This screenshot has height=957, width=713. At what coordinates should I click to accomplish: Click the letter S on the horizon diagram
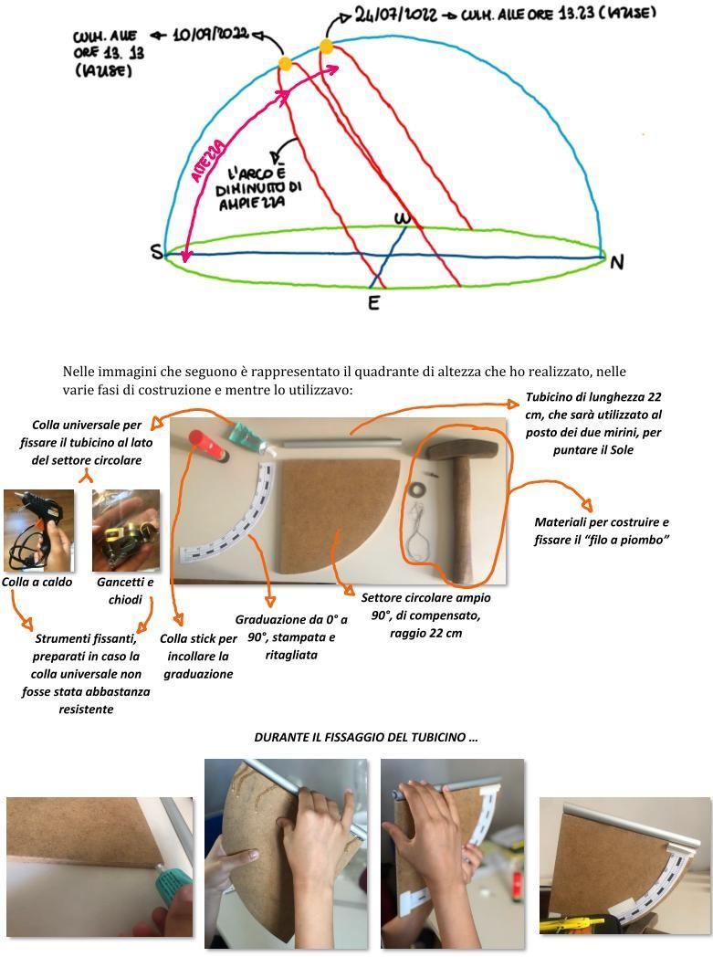point(158,253)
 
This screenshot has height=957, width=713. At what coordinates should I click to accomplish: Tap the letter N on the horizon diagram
point(617,263)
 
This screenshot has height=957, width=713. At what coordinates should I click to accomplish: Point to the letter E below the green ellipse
point(373,302)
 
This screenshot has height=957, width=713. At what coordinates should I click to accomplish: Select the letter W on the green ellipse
point(402,219)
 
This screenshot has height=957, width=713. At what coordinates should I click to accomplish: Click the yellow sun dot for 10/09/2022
point(285,63)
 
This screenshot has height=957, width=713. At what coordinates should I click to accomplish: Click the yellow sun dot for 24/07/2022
point(327,46)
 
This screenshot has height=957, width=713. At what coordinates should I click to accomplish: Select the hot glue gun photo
point(38,531)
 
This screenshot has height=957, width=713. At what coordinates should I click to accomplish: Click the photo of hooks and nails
point(126,531)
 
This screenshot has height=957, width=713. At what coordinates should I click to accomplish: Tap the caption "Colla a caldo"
point(37,582)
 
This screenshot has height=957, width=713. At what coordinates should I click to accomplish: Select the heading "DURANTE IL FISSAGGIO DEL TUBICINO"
point(365,737)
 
